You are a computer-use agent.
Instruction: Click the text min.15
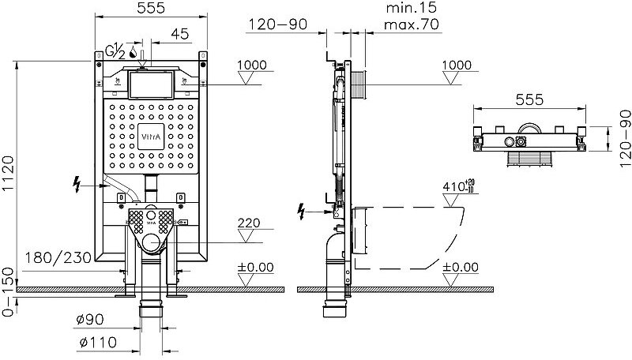tap(412, 8)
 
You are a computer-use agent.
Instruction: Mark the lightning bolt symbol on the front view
tap(76, 186)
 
